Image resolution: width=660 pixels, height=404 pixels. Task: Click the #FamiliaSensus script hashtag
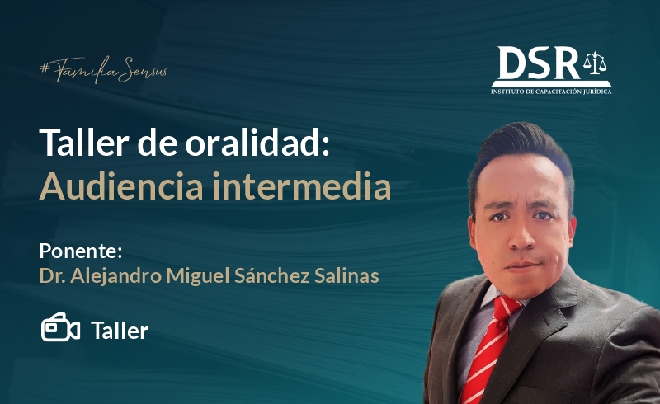pos(104,70)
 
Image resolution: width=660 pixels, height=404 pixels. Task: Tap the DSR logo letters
pos(539,63)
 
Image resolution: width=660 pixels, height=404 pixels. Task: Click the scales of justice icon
pos(595,63)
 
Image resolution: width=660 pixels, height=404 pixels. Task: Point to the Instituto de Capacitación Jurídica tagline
pos(551,92)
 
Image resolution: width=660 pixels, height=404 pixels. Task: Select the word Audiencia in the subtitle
pos(121,186)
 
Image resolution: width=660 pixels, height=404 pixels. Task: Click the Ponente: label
pos(81,251)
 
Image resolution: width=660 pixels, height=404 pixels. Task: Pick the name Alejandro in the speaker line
pos(115,276)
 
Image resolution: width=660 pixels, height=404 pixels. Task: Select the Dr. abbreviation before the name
pos(52,276)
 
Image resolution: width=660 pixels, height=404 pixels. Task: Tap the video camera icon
pos(60,327)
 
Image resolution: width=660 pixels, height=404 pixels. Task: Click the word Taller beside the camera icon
pos(120,331)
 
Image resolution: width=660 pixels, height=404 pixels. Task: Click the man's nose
pos(521,237)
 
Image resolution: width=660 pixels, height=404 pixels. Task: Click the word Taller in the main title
pos(84,143)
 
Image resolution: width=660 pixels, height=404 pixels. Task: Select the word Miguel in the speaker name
pos(198,276)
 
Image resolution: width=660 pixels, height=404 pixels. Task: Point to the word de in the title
pos(157,143)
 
